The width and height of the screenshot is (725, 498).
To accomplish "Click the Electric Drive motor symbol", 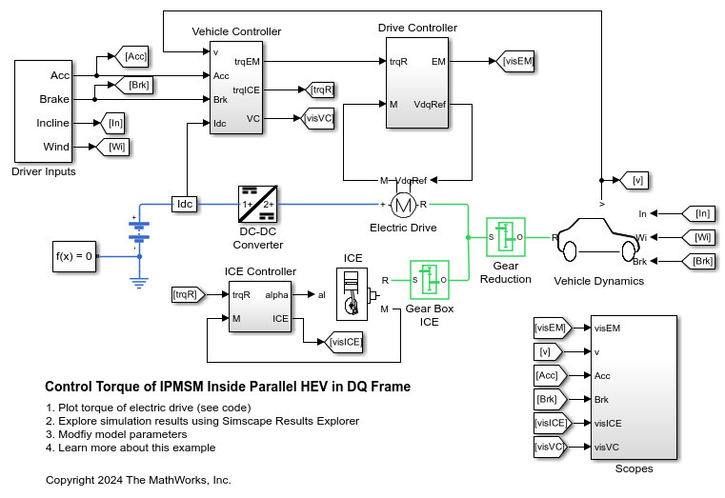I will (x=404, y=204).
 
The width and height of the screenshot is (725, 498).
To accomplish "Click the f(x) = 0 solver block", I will (x=73, y=256).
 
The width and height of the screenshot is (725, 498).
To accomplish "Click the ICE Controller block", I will (x=260, y=307).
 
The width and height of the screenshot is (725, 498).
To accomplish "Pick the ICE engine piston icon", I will (x=353, y=293).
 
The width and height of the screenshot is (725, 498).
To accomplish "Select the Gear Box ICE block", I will (x=429, y=280).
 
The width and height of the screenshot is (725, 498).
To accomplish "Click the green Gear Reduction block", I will (x=506, y=236).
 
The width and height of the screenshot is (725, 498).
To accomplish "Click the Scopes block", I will (x=634, y=386).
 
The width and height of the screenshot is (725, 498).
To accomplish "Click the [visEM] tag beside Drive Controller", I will (x=518, y=62).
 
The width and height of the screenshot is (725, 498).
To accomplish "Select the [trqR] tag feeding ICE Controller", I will (x=185, y=295).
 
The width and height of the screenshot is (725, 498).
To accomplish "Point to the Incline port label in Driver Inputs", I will (x=54, y=123).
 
